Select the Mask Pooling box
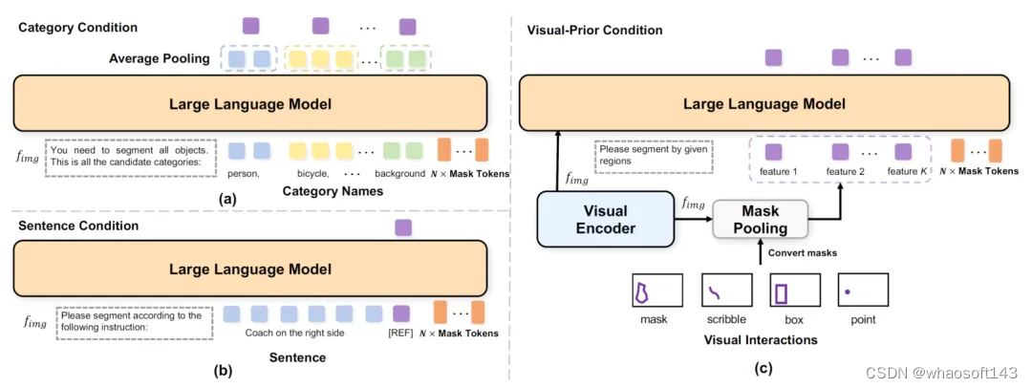[x=761, y=221]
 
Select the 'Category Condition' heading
[x=78, y=28]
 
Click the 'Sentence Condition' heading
[x=79, y=226]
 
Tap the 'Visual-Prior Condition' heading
[x=594, y=31]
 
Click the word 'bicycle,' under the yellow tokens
[x=312, y=174]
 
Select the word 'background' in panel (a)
[x=399, y=174]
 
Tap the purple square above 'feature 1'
[x=774, y=151]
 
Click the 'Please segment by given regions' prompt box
[x=653, y=156]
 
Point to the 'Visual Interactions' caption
[x=761, y=340]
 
